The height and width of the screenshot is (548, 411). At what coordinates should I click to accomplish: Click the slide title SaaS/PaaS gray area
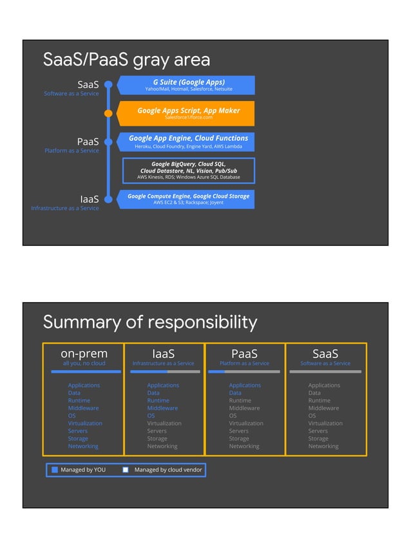click(126, 60)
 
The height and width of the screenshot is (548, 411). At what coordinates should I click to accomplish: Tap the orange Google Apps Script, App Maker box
click(188, 113)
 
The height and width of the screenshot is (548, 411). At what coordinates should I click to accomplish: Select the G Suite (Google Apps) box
click(188, 85)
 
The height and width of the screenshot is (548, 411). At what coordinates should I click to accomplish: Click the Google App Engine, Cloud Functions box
click(188, 142)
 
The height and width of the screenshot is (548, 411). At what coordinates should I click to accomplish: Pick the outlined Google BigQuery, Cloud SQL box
click(188, 170)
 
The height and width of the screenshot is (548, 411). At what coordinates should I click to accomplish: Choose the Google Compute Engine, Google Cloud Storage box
click(188, 198)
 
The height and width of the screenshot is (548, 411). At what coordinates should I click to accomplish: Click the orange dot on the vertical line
click(108, 113)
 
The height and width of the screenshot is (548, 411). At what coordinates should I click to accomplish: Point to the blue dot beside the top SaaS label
click(108, 84)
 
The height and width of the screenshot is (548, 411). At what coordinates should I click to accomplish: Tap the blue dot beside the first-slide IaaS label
click(108, 199)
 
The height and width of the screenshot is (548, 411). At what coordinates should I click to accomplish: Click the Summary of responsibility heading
click(149, 322)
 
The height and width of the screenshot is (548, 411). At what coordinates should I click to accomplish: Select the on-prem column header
click(84, 354)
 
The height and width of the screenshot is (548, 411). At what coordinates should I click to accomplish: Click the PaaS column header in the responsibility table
click(244, 354)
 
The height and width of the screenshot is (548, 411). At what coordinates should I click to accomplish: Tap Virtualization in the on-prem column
click(85, 423)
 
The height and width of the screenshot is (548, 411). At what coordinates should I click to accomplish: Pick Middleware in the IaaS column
click(162, 408)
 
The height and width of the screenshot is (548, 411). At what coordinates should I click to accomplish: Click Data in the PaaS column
click(235, 393)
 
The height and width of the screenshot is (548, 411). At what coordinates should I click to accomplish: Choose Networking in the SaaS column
click(323, 446)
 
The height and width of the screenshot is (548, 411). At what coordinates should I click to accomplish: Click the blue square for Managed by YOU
click(55, 470)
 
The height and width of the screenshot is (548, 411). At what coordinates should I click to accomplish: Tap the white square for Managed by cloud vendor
click(126, 470)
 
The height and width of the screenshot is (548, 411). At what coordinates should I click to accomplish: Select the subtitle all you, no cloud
click(84, 363)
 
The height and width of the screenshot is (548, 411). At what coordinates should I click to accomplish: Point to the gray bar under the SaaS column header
click(325, 372)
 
